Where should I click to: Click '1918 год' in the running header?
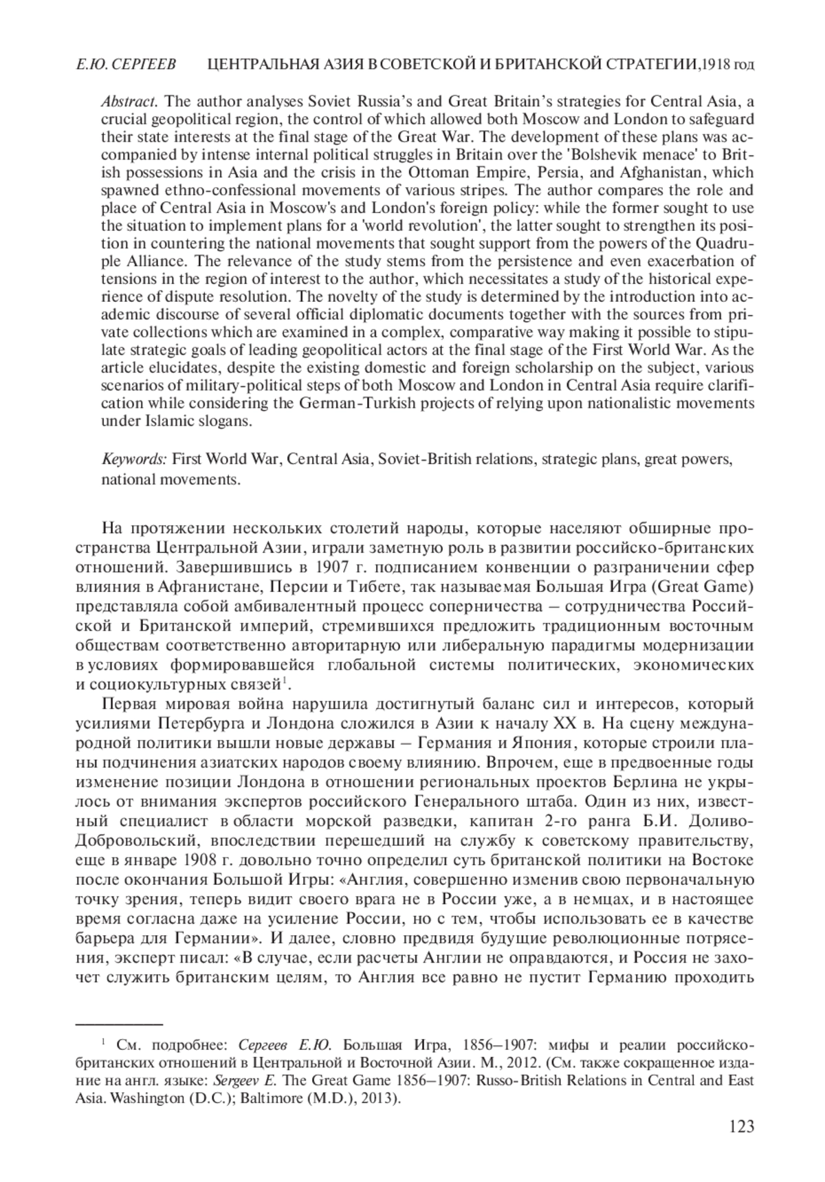pos(727,65)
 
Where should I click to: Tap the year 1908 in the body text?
pos(202,860)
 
